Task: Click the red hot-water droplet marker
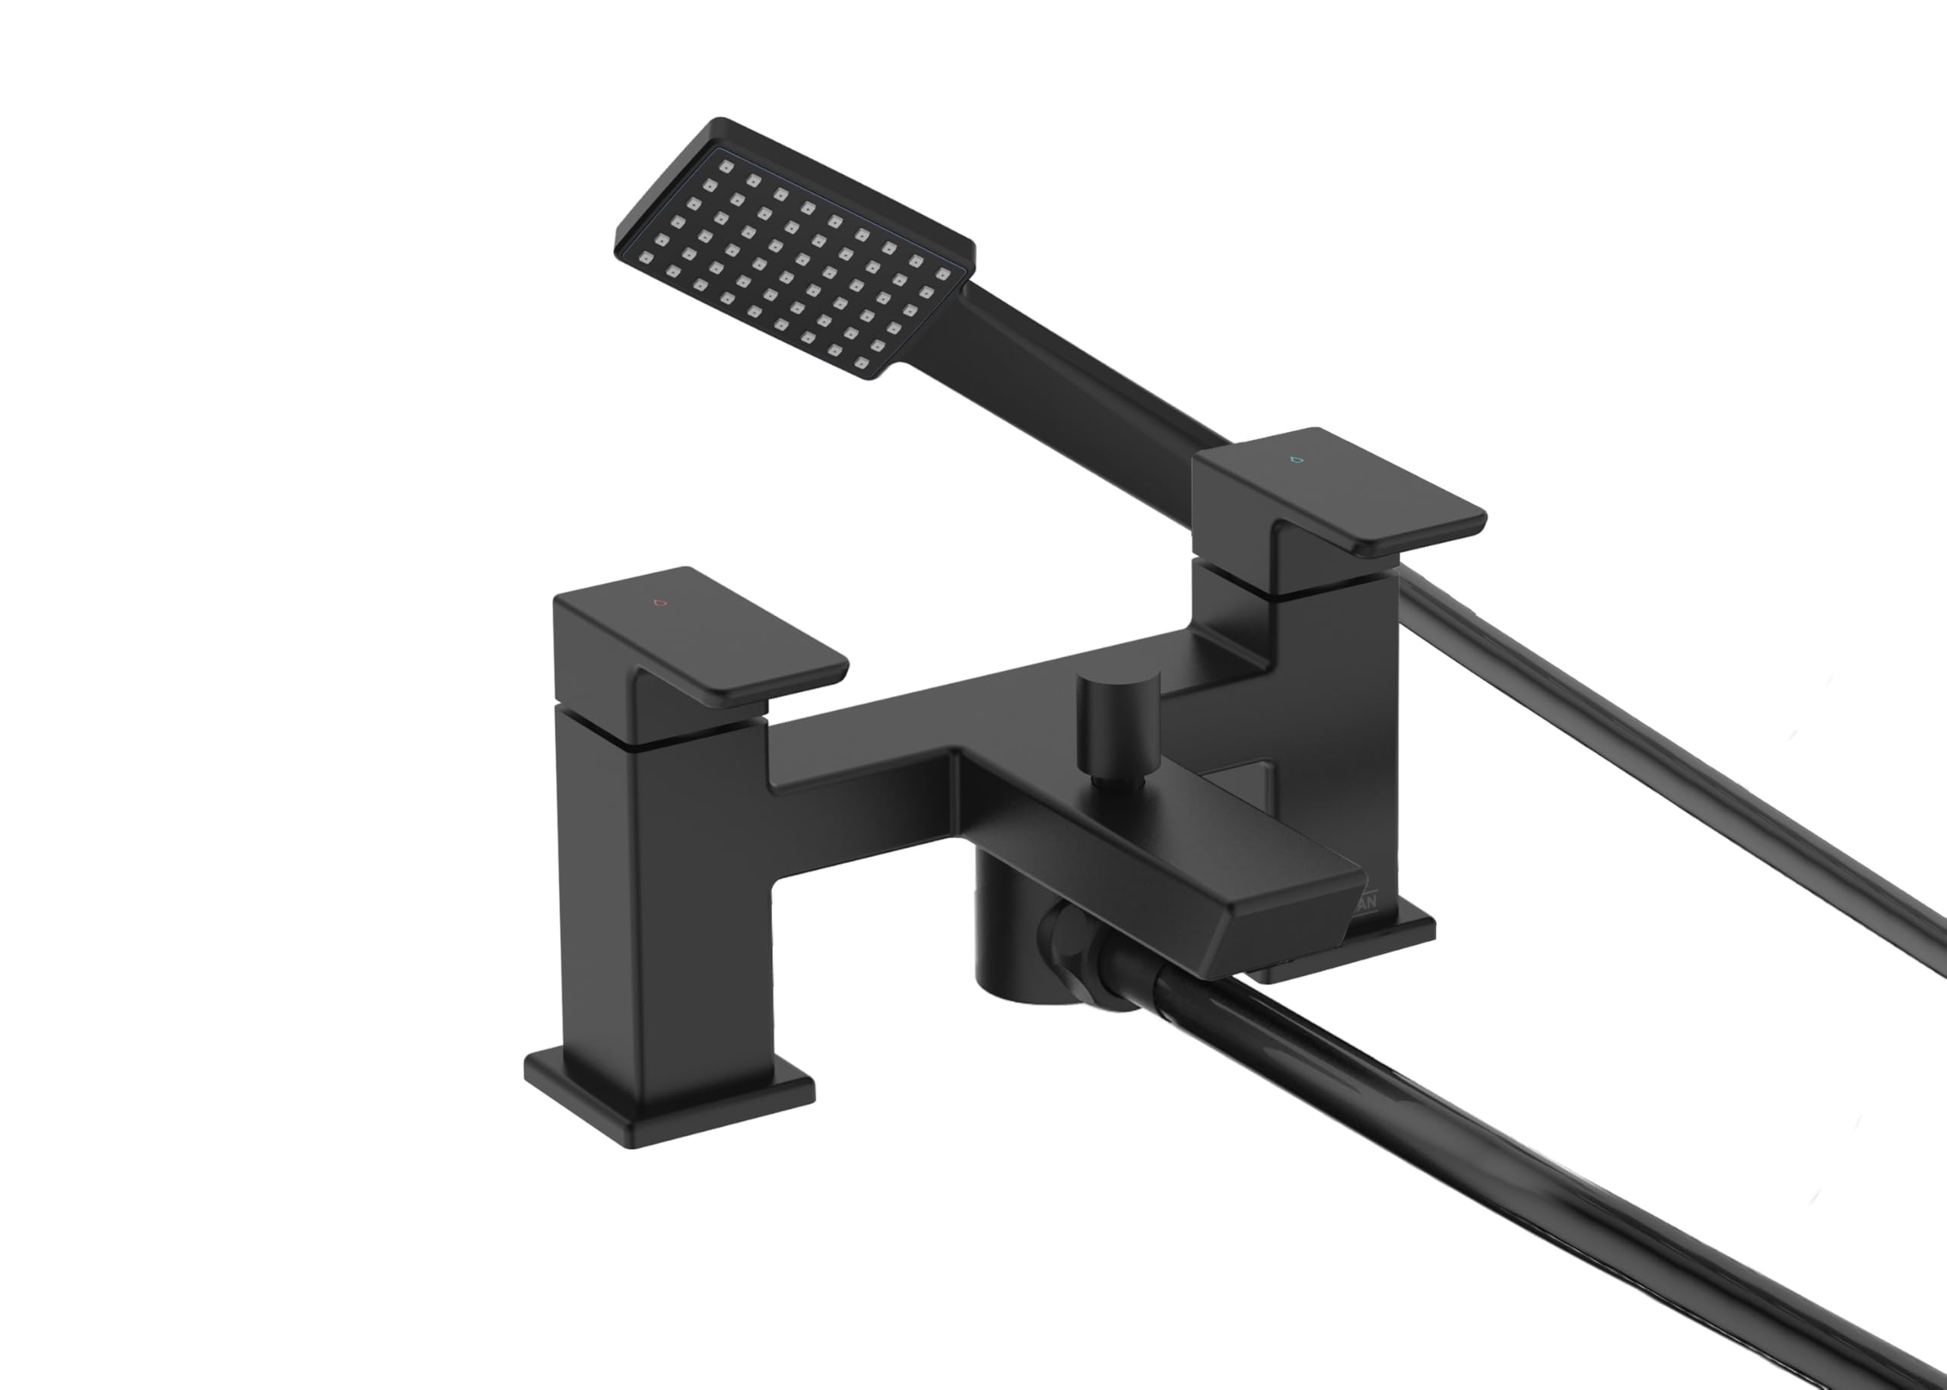[658, 601]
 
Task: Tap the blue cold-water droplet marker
[1296, 459]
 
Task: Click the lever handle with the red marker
[727, 650]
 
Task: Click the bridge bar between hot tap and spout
[865, 754]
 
